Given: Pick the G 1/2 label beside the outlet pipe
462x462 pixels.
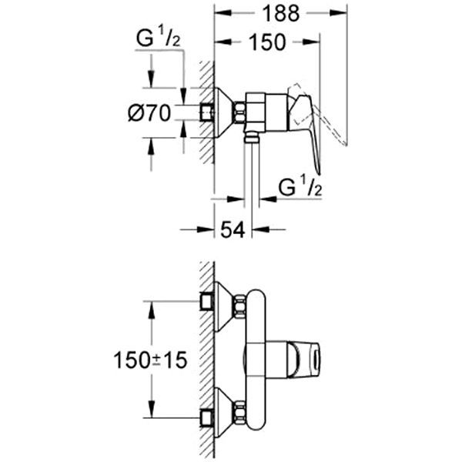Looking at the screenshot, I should point(300,186).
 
